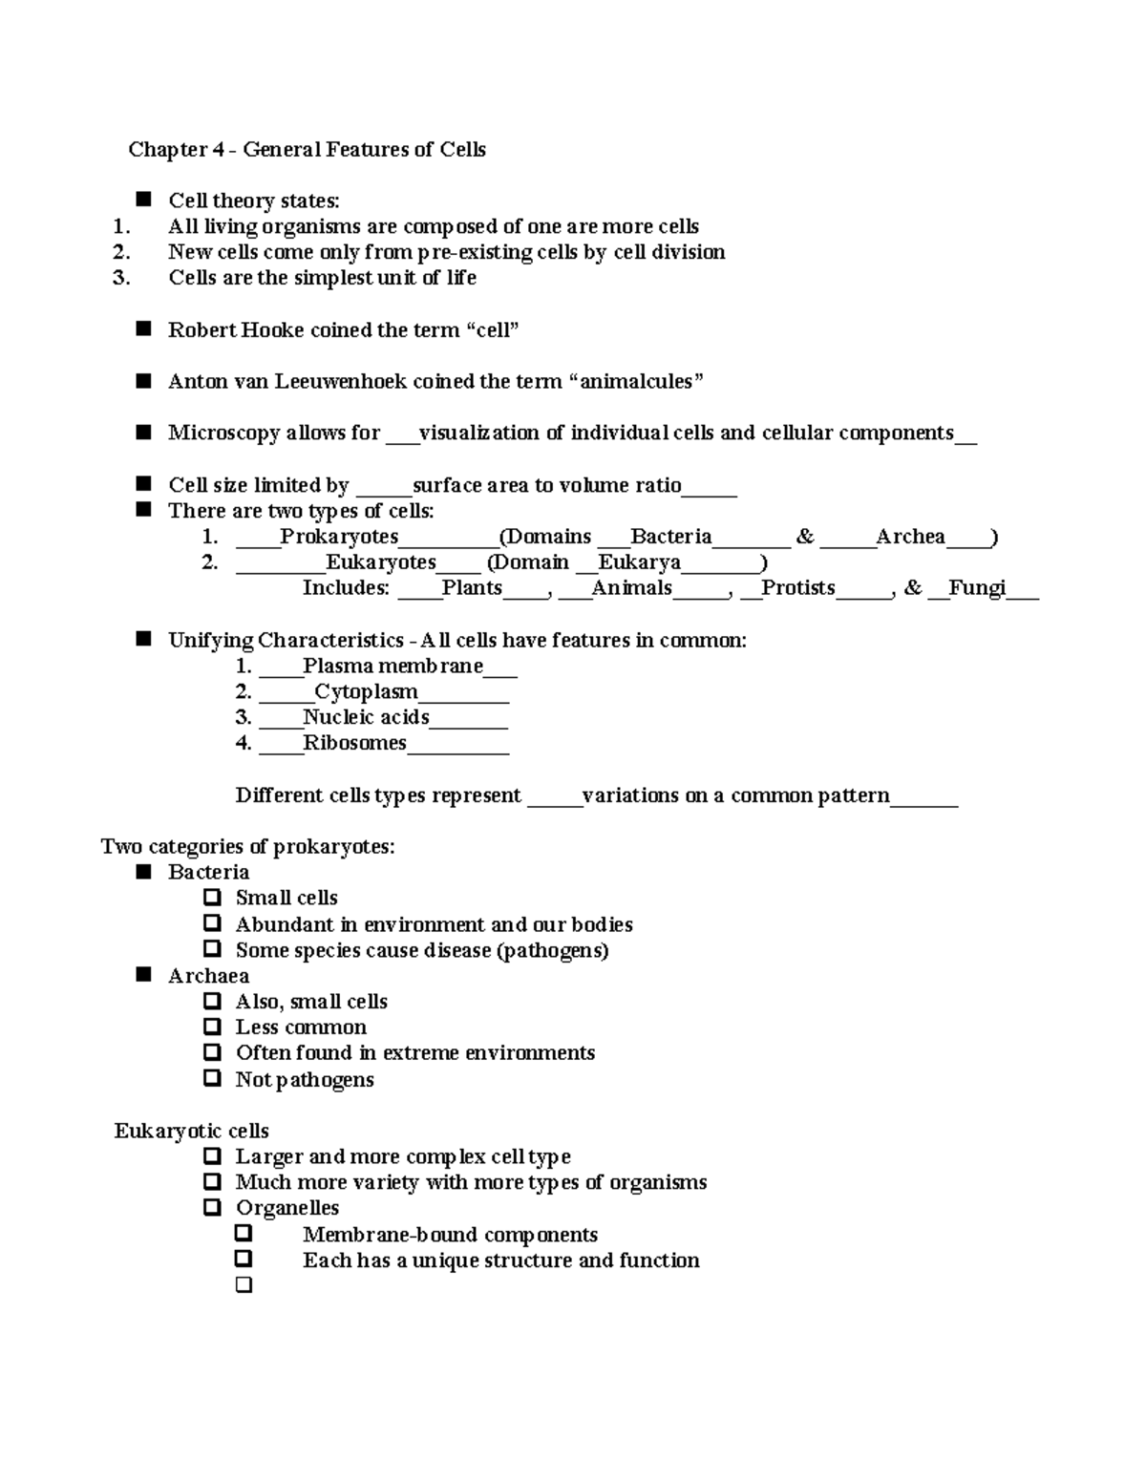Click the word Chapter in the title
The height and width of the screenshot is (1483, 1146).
click(x=168, y=150)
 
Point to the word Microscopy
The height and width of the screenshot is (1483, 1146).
click(x=224, y=434)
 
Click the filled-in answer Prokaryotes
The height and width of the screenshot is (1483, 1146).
click(x=339, y=537)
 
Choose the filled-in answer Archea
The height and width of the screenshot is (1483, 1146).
click(x=910, y=537)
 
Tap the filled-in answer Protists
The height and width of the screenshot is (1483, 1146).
click(x=797, y=588)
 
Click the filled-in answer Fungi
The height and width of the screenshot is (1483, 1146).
click(x=977, y=588)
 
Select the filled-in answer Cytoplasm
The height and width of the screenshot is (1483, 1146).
click(x=366, y=691)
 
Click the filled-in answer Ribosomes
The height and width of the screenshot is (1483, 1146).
click(x=354, y=743)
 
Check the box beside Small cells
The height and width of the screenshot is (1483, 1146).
click(x=212, y=898)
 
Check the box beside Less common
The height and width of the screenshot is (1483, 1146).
click(x=212, y=1027)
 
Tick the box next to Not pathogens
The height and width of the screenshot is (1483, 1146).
click(x=212, y=1079)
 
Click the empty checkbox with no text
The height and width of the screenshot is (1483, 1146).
click(x=244, y=1285)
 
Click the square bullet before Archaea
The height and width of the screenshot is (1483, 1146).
click(x=144, y=975)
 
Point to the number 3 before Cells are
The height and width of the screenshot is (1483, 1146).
click(x=120, y=278)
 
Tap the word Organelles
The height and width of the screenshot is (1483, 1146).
click(x=287, y=1208)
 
